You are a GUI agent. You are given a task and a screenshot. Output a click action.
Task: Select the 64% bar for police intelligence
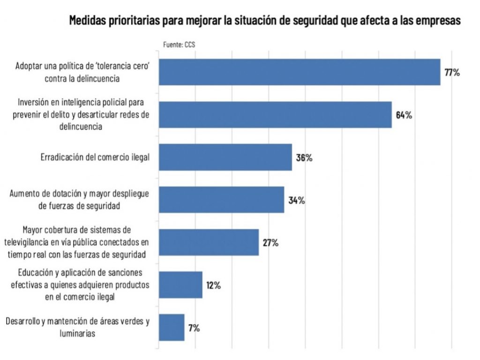(275, 115)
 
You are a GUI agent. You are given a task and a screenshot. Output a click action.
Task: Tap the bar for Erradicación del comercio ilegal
(225, 157)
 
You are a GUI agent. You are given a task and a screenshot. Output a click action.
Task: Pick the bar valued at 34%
(221, 200)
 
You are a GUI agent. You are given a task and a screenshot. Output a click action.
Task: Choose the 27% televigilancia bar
(209, 242)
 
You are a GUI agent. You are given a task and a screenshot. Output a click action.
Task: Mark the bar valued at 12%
(180, 285)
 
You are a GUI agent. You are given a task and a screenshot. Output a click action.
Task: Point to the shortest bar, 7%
(172, 327)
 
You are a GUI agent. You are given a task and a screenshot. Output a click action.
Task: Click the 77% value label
(452, 73)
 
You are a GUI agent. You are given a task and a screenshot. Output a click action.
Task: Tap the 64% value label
(404, 115)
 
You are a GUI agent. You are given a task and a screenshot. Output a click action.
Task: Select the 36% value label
(304, 157)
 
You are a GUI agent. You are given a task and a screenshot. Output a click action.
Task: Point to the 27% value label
(270, 243)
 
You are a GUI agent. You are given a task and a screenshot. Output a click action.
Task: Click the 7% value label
(194, 328)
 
